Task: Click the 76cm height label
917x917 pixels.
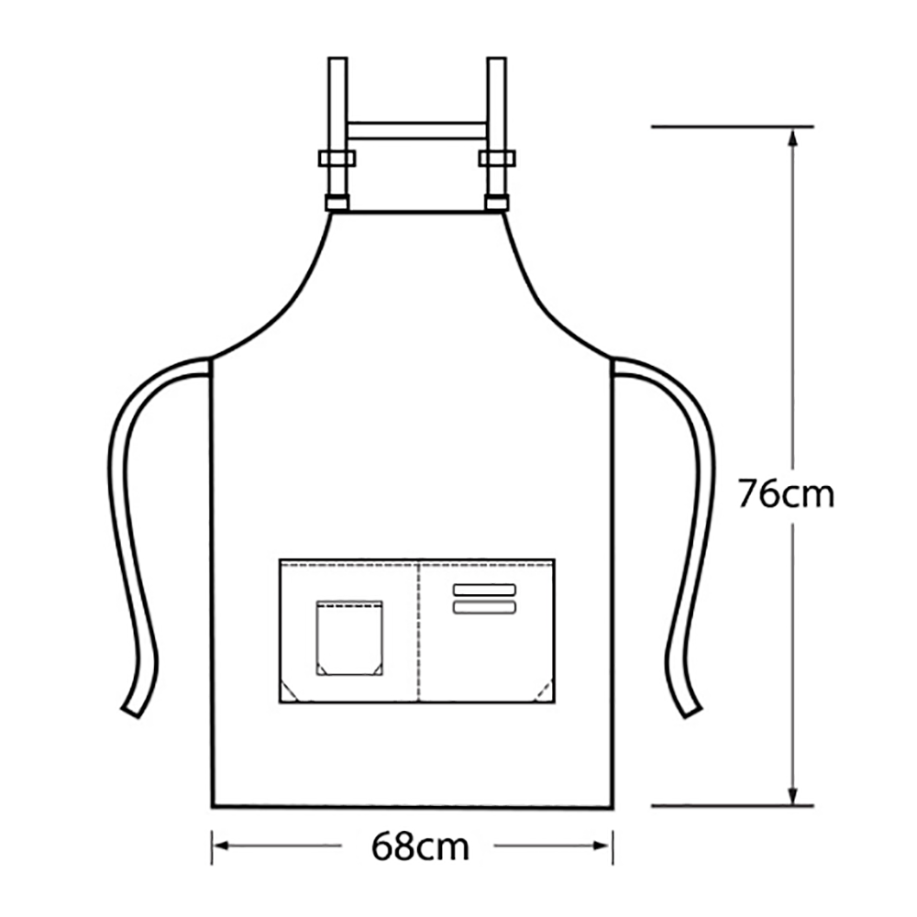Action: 786,494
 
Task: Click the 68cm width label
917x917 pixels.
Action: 420,846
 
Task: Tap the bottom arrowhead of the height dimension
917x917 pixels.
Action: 792,795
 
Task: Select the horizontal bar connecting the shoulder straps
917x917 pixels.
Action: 416,131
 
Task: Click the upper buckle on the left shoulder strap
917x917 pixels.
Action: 337,158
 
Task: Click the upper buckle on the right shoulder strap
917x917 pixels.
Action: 496,158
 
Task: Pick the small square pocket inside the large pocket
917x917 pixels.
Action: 349,638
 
